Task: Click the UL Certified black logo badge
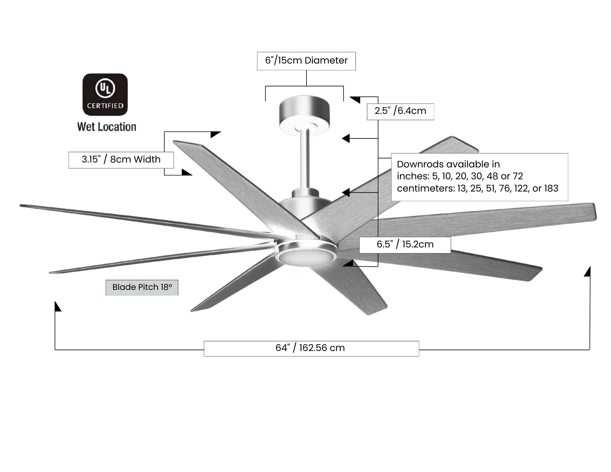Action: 105,94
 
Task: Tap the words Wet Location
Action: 107,127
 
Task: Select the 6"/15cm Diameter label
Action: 306,60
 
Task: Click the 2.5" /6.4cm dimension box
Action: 400,111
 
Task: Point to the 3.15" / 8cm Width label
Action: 121,159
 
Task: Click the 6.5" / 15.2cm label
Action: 405,244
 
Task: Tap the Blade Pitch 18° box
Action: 142,287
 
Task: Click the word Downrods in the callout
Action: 417,164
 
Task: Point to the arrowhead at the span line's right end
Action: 587,272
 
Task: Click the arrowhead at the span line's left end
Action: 57,306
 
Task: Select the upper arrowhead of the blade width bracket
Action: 216,134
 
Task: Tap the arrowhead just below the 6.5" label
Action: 349,263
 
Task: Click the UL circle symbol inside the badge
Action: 105,88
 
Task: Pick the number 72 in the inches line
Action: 518,176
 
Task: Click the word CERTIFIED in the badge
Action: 105,106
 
